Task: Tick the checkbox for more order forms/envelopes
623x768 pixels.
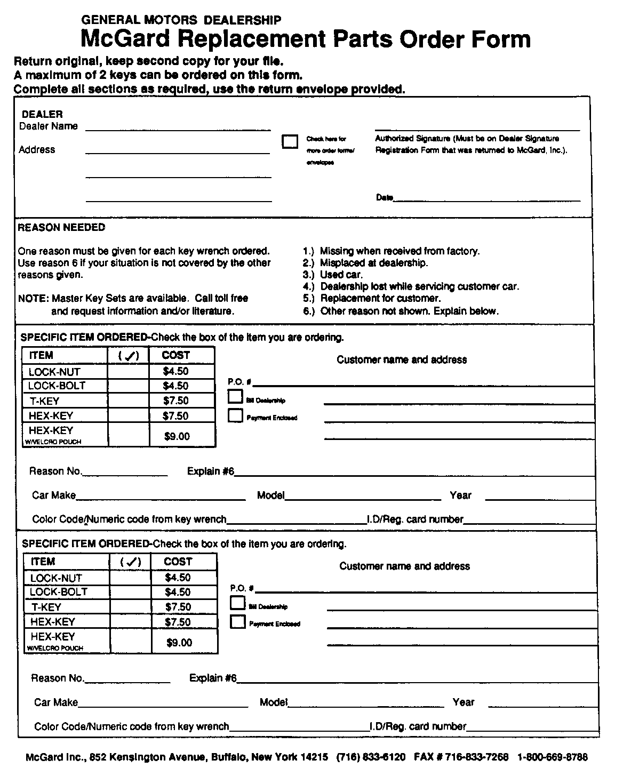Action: [x=290, y=141]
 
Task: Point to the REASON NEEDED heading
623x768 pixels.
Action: [x=61, y=228]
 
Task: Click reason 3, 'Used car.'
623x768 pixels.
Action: [x=341, y=275]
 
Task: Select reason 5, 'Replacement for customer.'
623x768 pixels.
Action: [x=380, y=299]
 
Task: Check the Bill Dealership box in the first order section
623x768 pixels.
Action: [x=235, y=396]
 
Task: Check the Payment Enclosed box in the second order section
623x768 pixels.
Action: [x=238, y=622]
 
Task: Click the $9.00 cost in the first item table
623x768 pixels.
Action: [x=177, y=436]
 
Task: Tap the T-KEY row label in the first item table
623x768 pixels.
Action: [x=45, y=401]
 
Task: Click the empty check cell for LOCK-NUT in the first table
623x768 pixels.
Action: [x=127, y=372]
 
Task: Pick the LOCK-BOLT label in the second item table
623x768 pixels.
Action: [x=59, y=592]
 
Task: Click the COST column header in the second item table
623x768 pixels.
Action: [x=178, y=562]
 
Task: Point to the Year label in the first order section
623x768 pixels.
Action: [x=460, y=495]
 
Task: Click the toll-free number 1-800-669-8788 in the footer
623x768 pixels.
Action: [x=553, y=757]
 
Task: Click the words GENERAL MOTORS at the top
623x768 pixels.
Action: [x=139, y=20]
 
